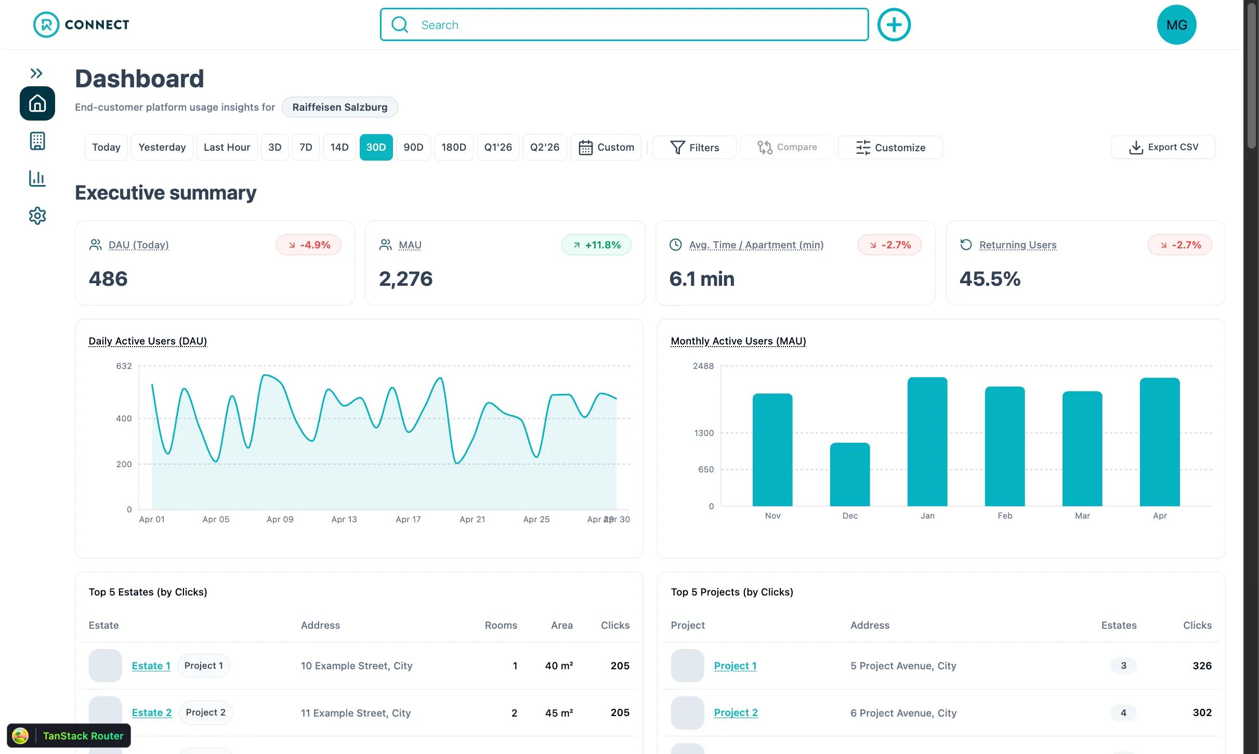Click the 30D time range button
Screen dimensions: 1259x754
[376, 147]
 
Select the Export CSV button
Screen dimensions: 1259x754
[1163, 147]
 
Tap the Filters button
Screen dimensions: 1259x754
[694, 148]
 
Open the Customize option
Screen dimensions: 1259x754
[890, 148]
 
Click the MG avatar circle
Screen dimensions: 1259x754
[1176, 24]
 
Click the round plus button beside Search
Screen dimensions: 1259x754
[894, 24]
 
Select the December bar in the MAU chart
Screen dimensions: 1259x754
[850, 474]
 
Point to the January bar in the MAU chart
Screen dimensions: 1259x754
[927, 442]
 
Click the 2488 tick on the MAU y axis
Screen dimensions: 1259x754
[703, 366]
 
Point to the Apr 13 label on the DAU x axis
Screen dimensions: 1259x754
[344, 519]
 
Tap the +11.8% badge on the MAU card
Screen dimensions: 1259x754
[596, 245]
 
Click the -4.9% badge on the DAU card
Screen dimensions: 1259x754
[309, 245]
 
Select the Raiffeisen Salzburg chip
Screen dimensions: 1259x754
[340, 107]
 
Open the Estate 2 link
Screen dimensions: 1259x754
[152, 712]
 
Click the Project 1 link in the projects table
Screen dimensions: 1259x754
[735, 666]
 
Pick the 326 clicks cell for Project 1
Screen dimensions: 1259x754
[1202, 666]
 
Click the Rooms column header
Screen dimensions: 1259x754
[501, 625]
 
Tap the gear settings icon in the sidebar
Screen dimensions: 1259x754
[37, 216]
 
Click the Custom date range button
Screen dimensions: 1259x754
[606, 147]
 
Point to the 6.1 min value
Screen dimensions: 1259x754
[702, 279]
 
